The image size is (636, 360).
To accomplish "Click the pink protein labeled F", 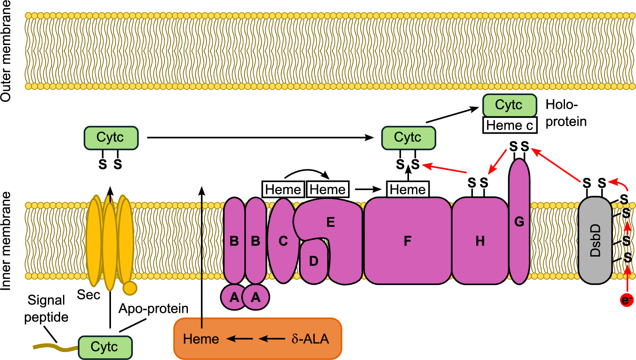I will pos(407,241).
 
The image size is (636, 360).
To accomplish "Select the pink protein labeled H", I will pos(480,241).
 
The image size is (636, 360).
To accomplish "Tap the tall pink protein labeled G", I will pos(519,222).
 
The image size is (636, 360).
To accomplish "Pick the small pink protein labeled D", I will pos(314,262).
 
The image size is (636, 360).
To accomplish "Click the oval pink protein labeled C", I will pos(283,241).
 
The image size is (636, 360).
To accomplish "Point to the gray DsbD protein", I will pos(595,241).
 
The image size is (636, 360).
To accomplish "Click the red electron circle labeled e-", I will pos(627,300).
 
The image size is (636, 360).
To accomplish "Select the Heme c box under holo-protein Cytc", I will pos(509,125).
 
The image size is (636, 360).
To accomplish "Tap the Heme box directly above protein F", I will pos(408,189).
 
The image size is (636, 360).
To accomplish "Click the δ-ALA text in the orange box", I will pos(310,339).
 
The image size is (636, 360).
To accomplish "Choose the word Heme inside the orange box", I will pos(201,339).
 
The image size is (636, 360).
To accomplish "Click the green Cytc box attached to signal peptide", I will pos(105,347).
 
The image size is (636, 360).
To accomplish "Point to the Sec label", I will pos(88,295).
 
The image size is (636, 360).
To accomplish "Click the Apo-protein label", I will pos(153,309).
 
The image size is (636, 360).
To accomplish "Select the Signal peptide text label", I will pos(46,308).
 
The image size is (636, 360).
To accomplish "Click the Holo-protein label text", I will pos(565,113).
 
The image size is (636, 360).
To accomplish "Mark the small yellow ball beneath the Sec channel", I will pos(129,288).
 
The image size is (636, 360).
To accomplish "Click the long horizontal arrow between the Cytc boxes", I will pos(260,138).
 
